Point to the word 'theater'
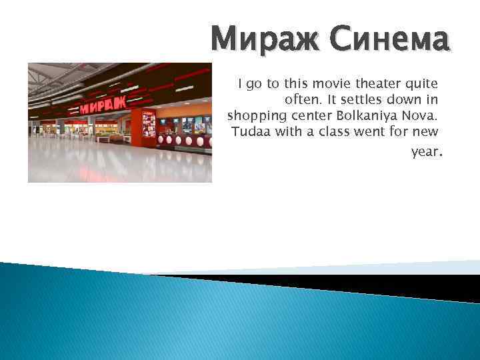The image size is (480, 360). click(369, 84)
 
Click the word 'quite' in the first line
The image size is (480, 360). click(420, 84)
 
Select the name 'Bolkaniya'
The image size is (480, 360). click(369, 115)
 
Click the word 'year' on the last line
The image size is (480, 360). click(424, 152)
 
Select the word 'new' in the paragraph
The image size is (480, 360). click(425, 131)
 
